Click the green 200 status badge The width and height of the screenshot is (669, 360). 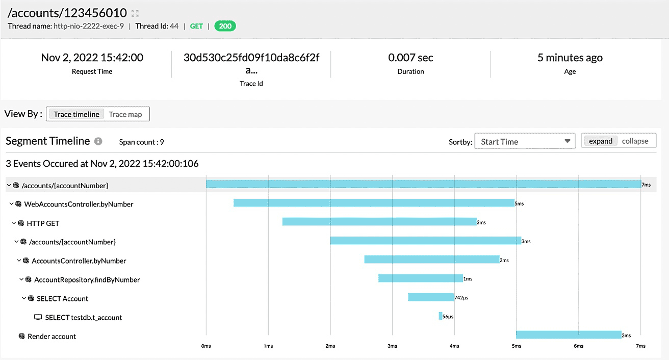(225, 26)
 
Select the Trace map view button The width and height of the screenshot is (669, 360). (125, 114)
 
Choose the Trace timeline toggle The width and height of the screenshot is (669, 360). (76, 114)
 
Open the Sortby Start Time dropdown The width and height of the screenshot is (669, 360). (525, 141)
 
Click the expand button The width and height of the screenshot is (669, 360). (600, 141)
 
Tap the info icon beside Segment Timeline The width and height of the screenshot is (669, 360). (98, 141)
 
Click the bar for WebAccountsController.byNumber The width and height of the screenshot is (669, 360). (374, 203)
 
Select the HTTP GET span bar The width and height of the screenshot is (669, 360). (379, 222)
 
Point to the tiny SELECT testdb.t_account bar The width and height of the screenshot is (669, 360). (441, 316)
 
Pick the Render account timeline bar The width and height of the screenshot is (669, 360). (569, 335)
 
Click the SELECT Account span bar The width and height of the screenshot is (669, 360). (431, 297)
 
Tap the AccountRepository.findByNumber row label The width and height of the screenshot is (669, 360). (87, 279)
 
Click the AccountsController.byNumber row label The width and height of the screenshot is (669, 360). (79, 261)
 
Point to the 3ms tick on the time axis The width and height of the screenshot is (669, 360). (392, 346)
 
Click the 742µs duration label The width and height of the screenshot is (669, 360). (461, 298)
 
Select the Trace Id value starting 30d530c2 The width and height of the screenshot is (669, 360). (251, 64)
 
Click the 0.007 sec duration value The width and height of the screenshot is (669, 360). (410, 58)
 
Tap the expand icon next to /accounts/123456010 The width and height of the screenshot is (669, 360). (135, 13)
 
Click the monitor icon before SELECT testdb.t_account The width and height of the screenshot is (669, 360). (38, 317)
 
